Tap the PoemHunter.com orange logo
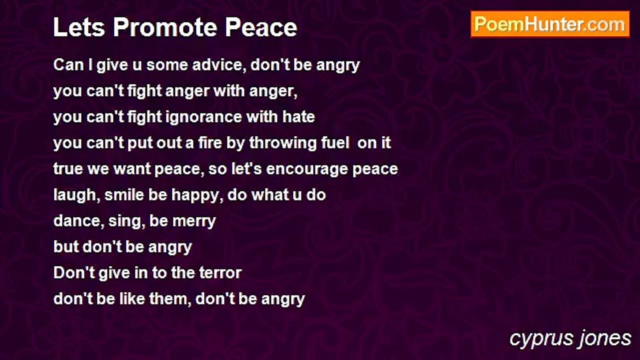550,24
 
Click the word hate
298,117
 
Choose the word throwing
283,143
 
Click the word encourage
307,169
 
